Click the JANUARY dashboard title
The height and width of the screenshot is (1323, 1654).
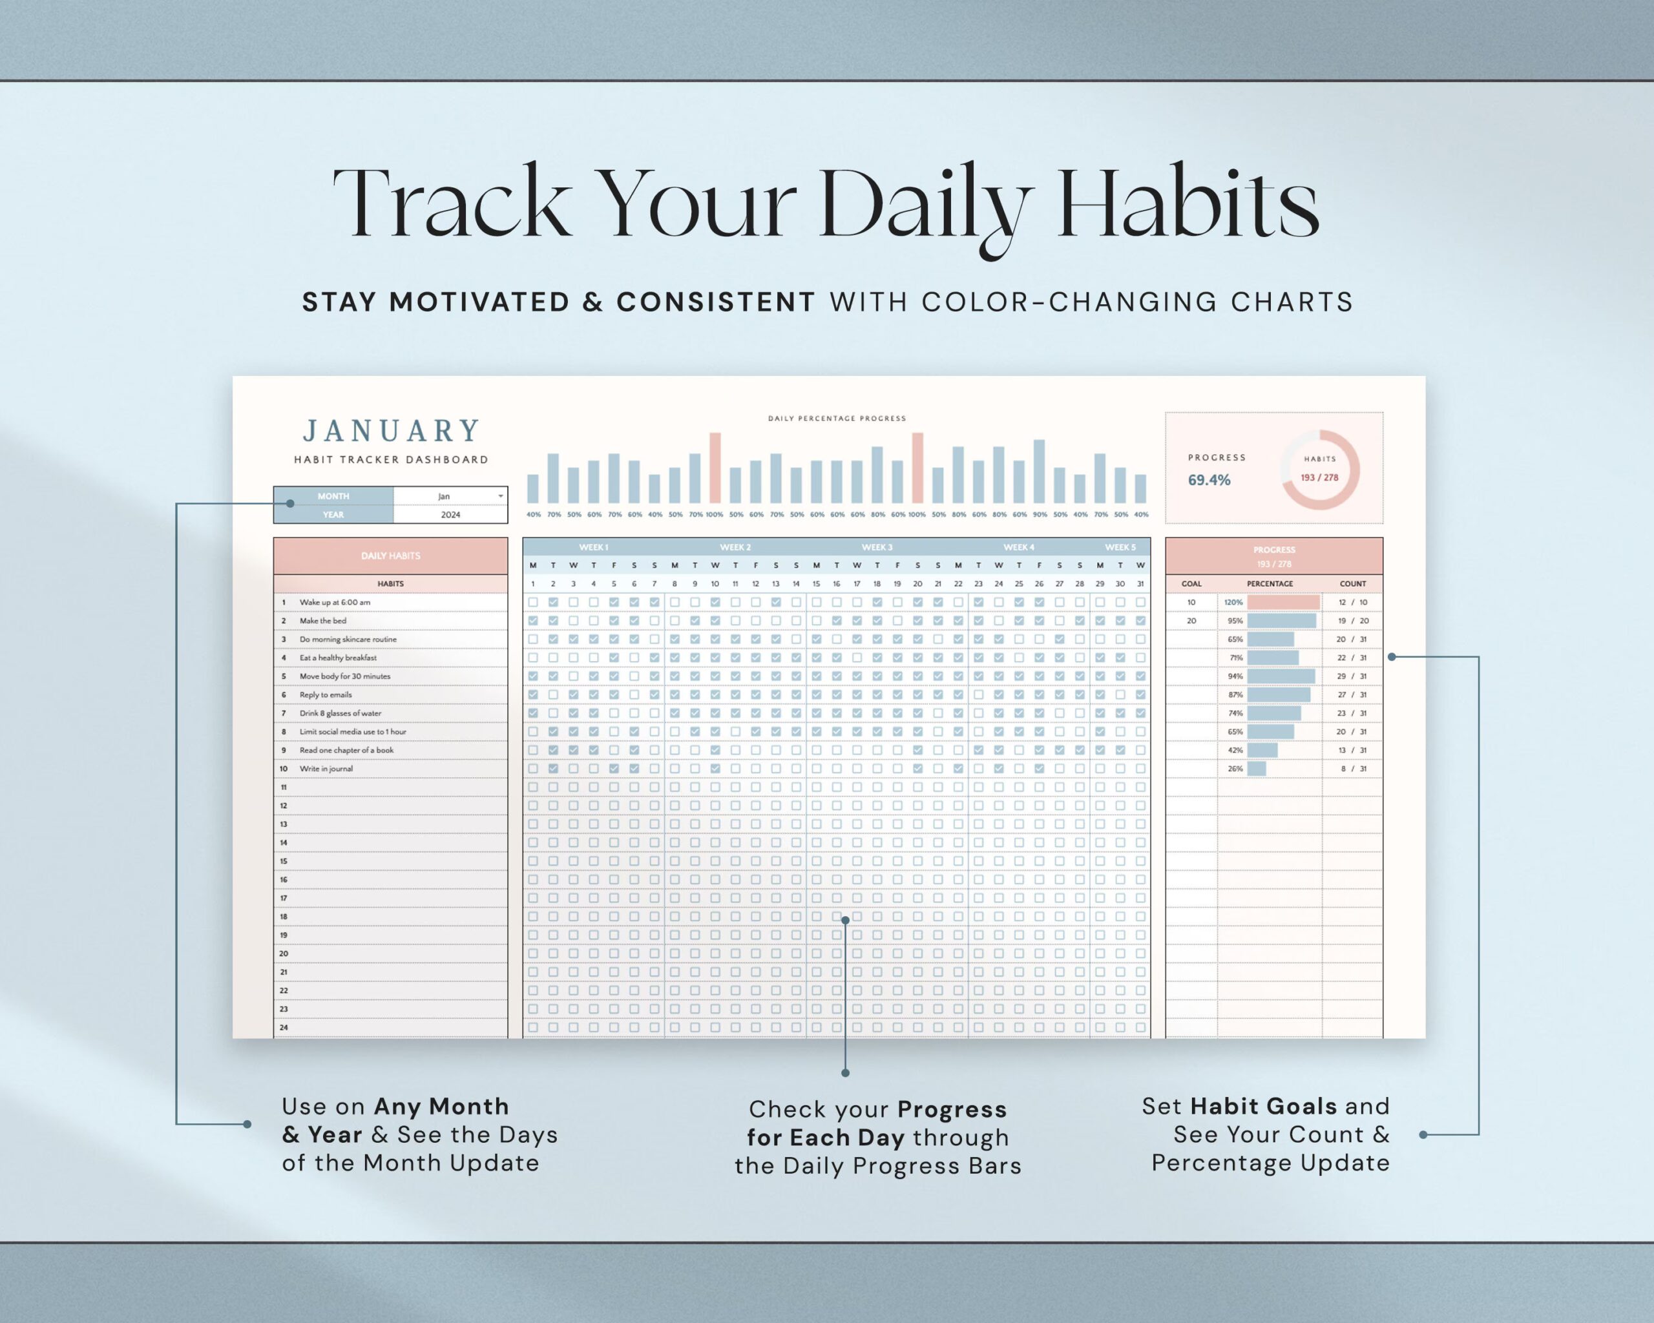click(x=392, y=431)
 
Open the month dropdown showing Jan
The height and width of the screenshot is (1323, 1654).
click(x=500, y=496)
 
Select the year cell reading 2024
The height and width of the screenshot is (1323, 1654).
click(x=450, y=515)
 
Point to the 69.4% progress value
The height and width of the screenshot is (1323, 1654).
click(x=1209, y=480)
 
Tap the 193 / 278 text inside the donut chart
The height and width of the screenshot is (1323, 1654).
click(x=1319, y=477)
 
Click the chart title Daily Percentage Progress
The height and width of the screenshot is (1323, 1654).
click(x=837, y=419)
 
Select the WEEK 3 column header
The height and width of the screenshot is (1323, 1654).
click(x=877, y=548)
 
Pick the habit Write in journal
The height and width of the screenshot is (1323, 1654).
click(x=326, y=769)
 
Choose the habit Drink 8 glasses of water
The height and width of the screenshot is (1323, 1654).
click(x=340, y=713)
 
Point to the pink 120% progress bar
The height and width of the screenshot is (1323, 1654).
click(x=1283, y=602)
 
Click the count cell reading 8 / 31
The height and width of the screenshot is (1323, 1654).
click(x=1352, y=769)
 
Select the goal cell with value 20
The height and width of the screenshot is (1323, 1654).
click(x=1191, y=620)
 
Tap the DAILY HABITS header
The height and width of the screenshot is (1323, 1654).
click(x=390, y=556)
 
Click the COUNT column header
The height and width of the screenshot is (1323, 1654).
click(x=1352, y=583)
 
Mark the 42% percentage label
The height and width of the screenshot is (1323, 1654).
click(x=1235, y=750)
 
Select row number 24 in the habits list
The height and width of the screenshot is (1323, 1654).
click(x=284, y=1027)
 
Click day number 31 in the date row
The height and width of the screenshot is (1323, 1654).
click(x=1141, y=583)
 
